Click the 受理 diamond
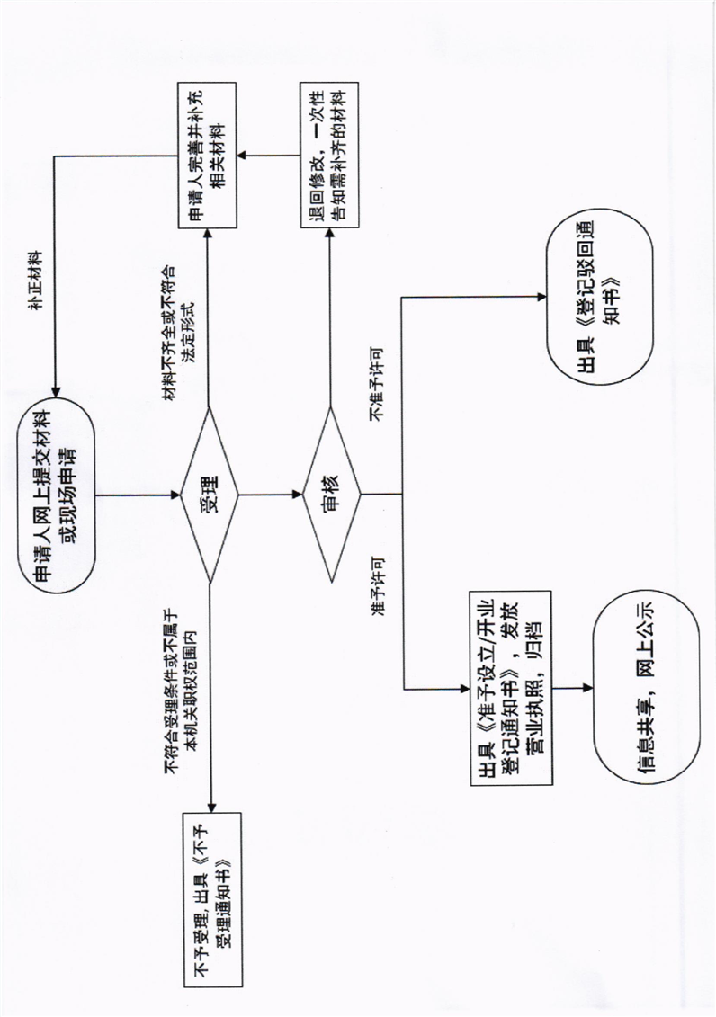(x=209, y=494)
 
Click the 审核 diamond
(x=329, y=494)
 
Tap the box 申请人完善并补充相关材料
(x=205, y=155)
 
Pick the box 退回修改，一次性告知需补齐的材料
(x=329, y=155)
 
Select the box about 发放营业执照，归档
(x=510, y=687)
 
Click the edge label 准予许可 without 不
(x=375, y=593)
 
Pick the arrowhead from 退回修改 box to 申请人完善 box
(x=241, y=155)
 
